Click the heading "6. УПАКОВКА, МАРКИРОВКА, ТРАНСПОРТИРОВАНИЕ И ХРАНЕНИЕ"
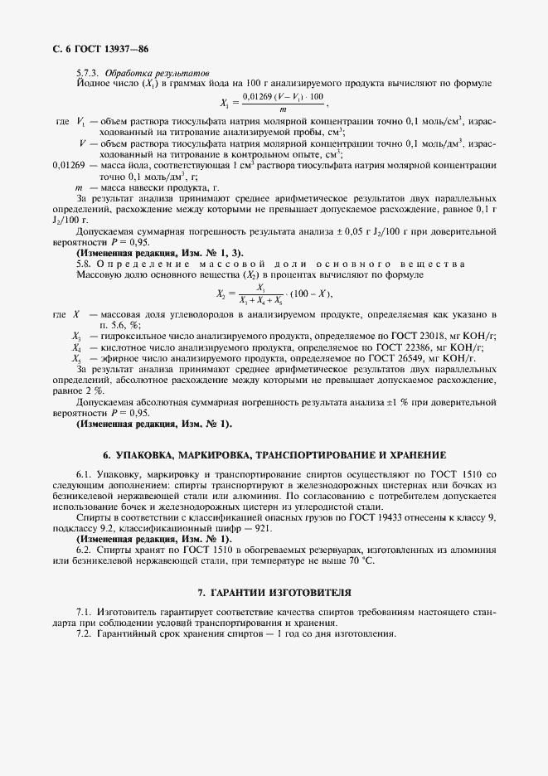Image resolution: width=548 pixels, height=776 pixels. click(x=274, y=455)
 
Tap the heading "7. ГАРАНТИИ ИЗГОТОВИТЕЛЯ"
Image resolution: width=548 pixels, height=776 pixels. click(x=274, y=593)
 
